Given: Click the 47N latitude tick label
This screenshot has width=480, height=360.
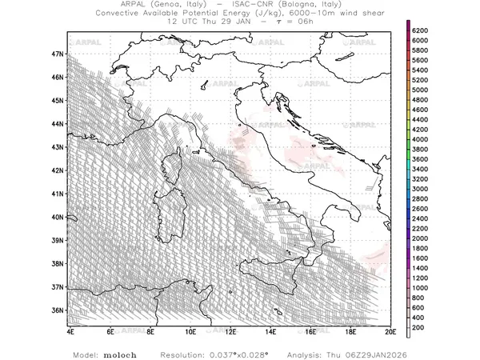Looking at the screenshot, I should pos(57,54).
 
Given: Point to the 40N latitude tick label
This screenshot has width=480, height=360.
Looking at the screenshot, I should pos(57,216).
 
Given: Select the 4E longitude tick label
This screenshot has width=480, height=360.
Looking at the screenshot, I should pos(70,330).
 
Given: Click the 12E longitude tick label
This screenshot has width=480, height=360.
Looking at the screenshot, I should pos(230,330).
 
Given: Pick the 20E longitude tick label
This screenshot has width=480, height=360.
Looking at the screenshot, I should pos(390,330).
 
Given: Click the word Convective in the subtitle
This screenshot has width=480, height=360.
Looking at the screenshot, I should pos(122,14).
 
